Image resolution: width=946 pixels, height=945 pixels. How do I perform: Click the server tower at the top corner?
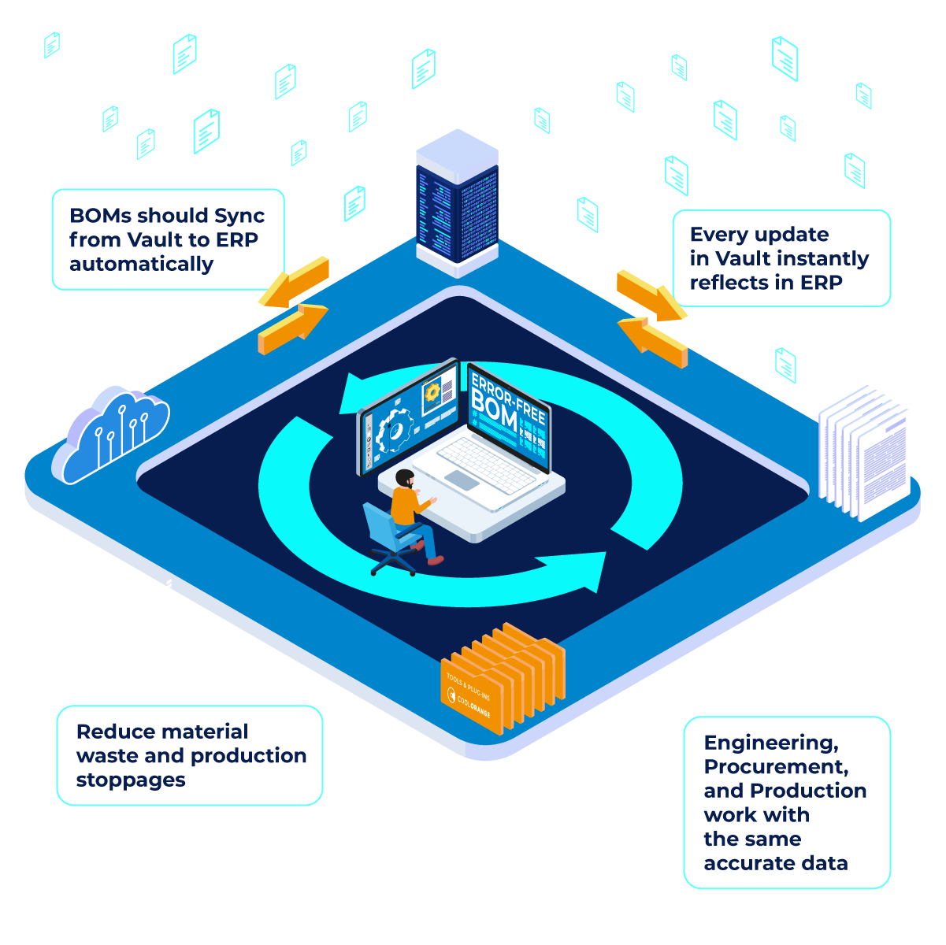457,203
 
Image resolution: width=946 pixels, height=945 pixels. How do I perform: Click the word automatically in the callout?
141,264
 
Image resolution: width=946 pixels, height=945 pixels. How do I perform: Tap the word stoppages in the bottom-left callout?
131,780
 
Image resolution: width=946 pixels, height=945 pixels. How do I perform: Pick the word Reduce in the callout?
111,732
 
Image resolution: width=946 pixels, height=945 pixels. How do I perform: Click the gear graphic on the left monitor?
394,432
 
